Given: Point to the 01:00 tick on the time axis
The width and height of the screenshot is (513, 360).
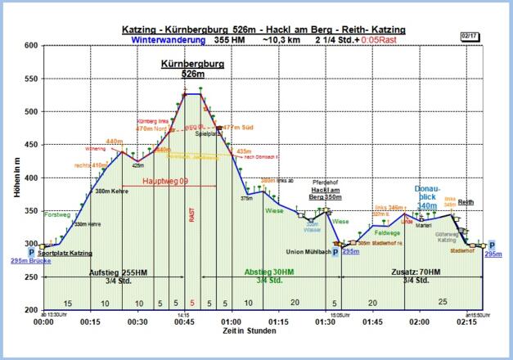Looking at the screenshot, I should tap(232, 322).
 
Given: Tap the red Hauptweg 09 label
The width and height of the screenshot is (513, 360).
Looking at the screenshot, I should tap(166, 181).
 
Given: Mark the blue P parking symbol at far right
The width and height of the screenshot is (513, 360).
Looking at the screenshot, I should tap(492, 245).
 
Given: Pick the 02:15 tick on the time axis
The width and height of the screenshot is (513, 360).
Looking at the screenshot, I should tap(467, 322).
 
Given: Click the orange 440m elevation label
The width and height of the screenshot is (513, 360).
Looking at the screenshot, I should tap(114, 142).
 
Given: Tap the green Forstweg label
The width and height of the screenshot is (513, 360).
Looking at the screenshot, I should tap(57, 214).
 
